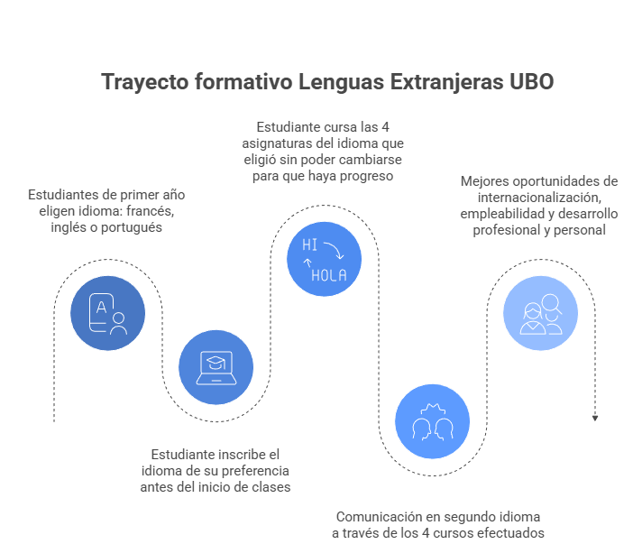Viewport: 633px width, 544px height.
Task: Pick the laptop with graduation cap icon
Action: click(x=216, y=365)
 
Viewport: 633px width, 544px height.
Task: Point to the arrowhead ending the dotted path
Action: click(x=595, y=418)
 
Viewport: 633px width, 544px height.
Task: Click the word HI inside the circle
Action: click(x=309, y=244)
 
